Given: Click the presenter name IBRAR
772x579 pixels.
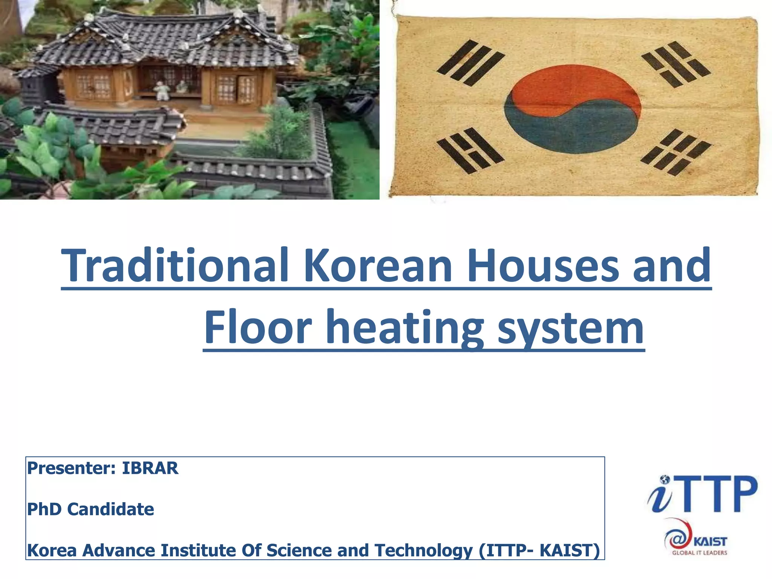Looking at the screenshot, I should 150,468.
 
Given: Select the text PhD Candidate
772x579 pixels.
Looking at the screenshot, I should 90,509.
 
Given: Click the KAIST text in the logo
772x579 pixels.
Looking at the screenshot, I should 710,542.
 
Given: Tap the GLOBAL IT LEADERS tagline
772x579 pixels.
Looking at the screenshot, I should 699,553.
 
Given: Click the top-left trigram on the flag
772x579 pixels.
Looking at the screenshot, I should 470,63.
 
